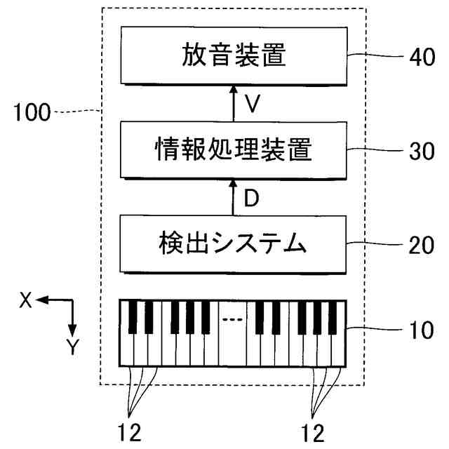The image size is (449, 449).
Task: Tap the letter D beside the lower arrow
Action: point(252,199)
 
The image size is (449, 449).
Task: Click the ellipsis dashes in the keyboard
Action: point(232,319)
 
